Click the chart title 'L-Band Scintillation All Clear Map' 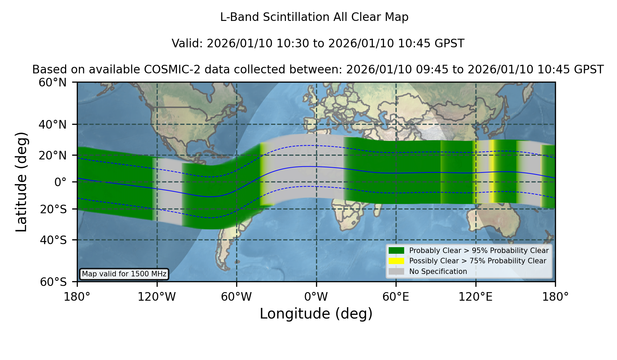tap(314, 17)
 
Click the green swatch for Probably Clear tap(396, 251)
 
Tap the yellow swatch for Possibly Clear tap(396, 261)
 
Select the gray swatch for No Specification tap(396, 272)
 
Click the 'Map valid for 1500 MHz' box tap(124, 274)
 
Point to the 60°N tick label tap(53, 83)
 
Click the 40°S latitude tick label tap(53, 240)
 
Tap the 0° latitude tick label tap(60, 182)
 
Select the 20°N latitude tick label tap(53, 155)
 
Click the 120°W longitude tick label tap(157, 297)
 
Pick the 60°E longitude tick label tap(396, 297)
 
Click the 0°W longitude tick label tap(316, 297)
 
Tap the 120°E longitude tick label tap(476, 297)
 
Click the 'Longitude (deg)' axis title tap(316, 314)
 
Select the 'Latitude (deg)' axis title tap(21, 182)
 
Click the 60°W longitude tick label tap(237, 297)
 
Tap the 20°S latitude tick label tap(53, 209)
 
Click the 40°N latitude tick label tap(53, 124)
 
